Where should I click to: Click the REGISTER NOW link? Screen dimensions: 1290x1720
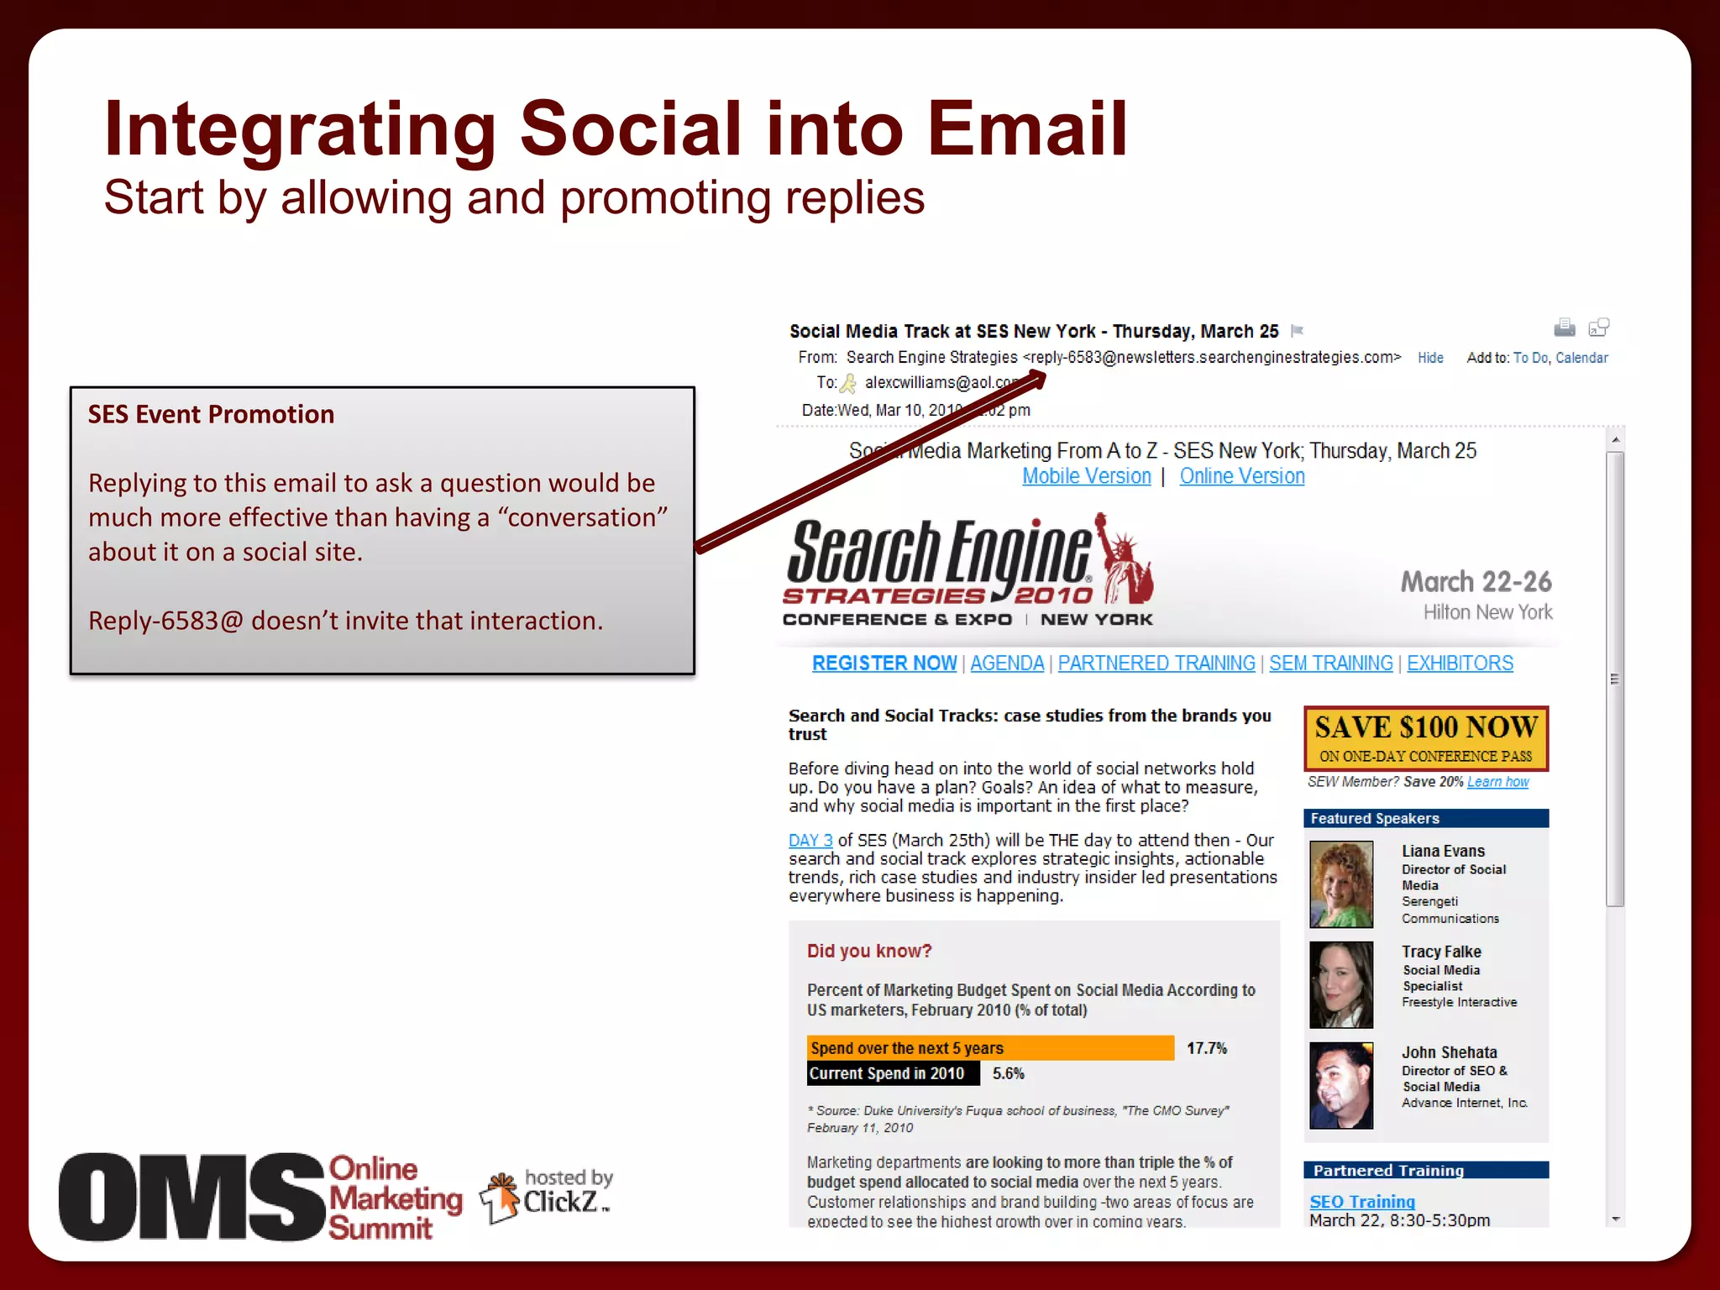click(x=884, y=663)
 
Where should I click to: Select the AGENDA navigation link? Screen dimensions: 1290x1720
click(x=1007, y=663)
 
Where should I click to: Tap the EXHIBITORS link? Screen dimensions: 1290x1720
click(x=1460, y=663)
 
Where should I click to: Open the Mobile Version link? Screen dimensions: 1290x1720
click(x=1086, y=476)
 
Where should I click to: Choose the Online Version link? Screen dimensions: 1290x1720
click(x=1242, y=476)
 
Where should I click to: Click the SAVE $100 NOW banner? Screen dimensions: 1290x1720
click(x=1425, y=738)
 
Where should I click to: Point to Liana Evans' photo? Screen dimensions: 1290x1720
click(x=1341, y=884)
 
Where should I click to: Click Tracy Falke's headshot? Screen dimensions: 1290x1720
click(x=1341, y=984)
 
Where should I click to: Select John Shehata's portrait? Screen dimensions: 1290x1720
click(x=1341, y=1085)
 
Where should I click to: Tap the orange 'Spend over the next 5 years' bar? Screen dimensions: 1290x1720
click(x=990, y=1048)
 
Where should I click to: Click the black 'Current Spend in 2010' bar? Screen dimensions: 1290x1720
click(x=893, y=1073)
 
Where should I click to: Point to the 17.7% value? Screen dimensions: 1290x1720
click(x=1206, y=1048)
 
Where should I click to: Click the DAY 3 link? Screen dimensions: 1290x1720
click(x=810, y=841)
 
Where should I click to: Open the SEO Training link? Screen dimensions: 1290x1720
click(x=1361, y=1202)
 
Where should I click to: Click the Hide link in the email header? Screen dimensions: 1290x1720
click(x=1430, y=358)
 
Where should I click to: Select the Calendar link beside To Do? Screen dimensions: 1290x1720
click(x=1581, y=358)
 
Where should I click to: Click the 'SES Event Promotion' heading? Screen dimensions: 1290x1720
click(x=211, y=414)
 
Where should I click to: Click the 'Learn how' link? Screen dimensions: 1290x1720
click(x=1497, y=782)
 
